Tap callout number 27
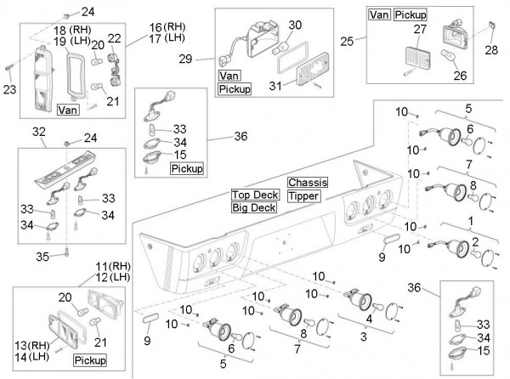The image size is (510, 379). click(x=417, y=30)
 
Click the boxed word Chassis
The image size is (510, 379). click(x=304, y=183)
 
